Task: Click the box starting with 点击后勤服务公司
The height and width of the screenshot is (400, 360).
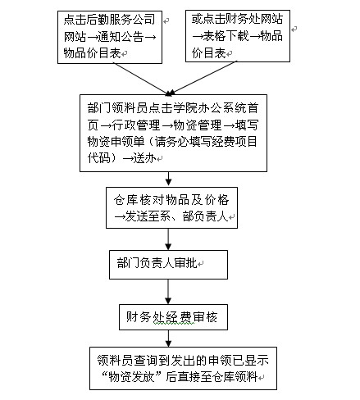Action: click(110, 37)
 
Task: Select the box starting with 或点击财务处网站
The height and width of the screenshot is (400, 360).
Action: click(238, 36)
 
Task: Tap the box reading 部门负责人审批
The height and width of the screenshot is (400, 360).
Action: click(168, 265)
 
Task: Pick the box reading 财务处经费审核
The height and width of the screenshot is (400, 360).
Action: click(173, 317)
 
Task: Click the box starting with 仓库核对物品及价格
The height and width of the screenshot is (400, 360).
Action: click(171, 207)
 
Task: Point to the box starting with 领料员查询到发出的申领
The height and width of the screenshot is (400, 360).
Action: click(183, 368)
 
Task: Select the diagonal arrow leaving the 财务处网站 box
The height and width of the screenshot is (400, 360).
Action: click(203, 78)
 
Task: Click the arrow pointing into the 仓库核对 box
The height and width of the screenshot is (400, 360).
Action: click(168, 180)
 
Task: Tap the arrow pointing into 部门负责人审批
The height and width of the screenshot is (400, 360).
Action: click(168, 239)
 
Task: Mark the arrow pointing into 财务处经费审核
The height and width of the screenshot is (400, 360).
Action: click(168, 292)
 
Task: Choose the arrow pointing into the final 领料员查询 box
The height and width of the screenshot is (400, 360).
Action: click(168, 339)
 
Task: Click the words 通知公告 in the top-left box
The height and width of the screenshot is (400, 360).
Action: click(121, 36)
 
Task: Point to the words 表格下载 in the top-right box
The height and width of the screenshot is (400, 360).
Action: click(226, 36)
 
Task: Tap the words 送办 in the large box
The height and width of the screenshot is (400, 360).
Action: click(144, 158)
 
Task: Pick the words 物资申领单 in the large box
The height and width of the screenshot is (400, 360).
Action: click(116, 142)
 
